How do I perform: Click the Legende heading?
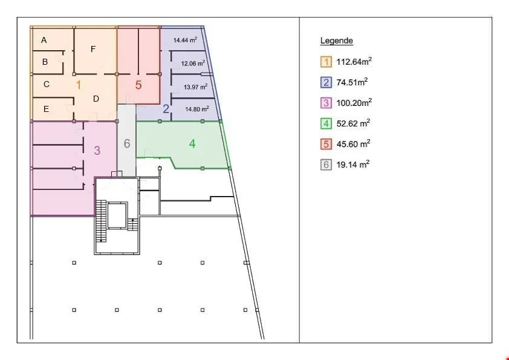336,41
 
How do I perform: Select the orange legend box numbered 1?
326,62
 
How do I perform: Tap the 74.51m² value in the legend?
352,82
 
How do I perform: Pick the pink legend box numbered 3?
326,103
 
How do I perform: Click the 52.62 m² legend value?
354,123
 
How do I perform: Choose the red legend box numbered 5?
326,144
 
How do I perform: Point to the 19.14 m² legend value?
353,165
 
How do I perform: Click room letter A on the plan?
44,41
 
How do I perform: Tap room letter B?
45,62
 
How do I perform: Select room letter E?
46,109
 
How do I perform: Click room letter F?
93,49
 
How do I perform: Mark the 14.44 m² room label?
185,40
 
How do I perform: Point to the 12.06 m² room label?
193,63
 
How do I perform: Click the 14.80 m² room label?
196,109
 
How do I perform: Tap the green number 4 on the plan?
192,143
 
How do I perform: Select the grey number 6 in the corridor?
127,143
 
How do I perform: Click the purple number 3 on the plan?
97,151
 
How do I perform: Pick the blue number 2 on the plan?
166,109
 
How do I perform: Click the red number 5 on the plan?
138,85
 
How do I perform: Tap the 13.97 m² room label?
195,87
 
